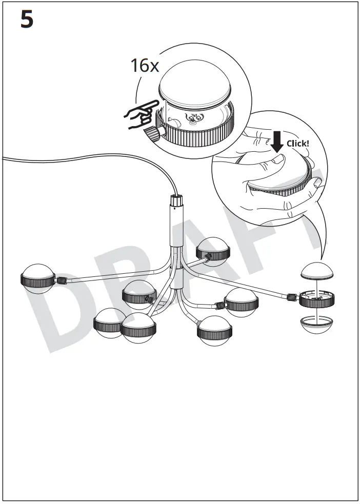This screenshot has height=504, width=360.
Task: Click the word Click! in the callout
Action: (x=297, y=143)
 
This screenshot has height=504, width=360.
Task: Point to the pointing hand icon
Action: (x=141, y=115)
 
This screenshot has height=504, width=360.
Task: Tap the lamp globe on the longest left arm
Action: (x=37, y=278)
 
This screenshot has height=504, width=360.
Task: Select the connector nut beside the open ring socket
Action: (x=293, y=297)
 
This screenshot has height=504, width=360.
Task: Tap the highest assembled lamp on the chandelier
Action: (x=213, y=250)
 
